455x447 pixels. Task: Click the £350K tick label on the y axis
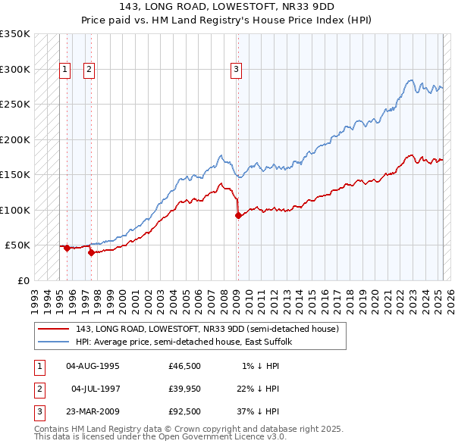14,34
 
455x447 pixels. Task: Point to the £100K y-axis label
14,210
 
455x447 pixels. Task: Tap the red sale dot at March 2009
238,216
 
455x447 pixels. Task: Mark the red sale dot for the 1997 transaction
91,252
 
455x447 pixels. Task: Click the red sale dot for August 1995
67,248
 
